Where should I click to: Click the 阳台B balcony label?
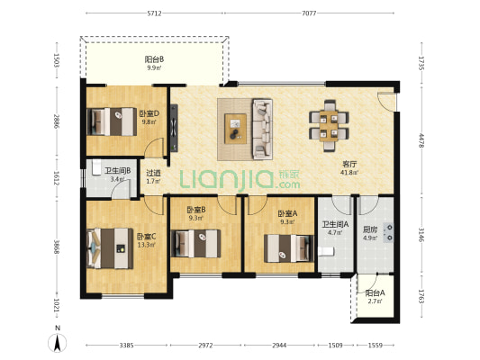click(x=154, y=59)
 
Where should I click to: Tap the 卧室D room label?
click(x=149, y=113)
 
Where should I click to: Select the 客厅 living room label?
click(x=349, y=164)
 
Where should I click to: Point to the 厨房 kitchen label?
click(x=370, y=229)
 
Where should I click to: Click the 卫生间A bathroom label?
click(x=335, y=224)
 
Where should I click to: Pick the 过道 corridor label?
click(x=153, y=173)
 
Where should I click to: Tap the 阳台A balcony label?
click(x=375, y=293)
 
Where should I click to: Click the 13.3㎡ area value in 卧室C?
click(x=146, y=245)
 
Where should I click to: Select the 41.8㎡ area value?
click(x=349, y=172)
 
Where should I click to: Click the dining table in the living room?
click(x=329, y=126)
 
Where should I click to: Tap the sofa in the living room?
click(x=262, y=129)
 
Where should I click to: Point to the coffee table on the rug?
click(x=235, y=129)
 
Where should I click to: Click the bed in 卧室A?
click(x=289, y=248)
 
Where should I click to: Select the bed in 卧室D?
click(x=112, y=121)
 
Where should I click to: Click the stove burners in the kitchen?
click(x=389, y=232)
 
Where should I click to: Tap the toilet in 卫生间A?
click(x=326, y=251)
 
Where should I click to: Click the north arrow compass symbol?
click(x=58, y=343)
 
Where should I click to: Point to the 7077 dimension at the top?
click(x=309, y=13)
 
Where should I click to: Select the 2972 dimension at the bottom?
click(x=205, y=346)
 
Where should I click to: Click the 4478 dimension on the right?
click(x=421, y=140)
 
